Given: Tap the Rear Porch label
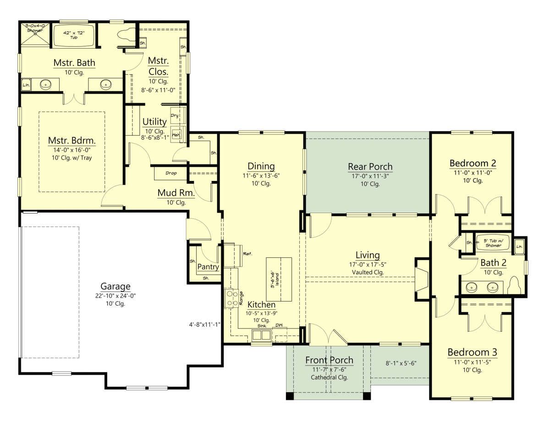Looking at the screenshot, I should pos(370,166).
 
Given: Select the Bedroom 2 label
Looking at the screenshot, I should pos(472,163).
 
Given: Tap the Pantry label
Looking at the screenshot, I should pos(208,267).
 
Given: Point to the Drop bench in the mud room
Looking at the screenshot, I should pos(170,174).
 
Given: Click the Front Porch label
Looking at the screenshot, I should pos(329,360).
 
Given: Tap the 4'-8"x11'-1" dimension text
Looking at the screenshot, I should pos(205,324).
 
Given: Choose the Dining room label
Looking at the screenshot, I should pos(261,166).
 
